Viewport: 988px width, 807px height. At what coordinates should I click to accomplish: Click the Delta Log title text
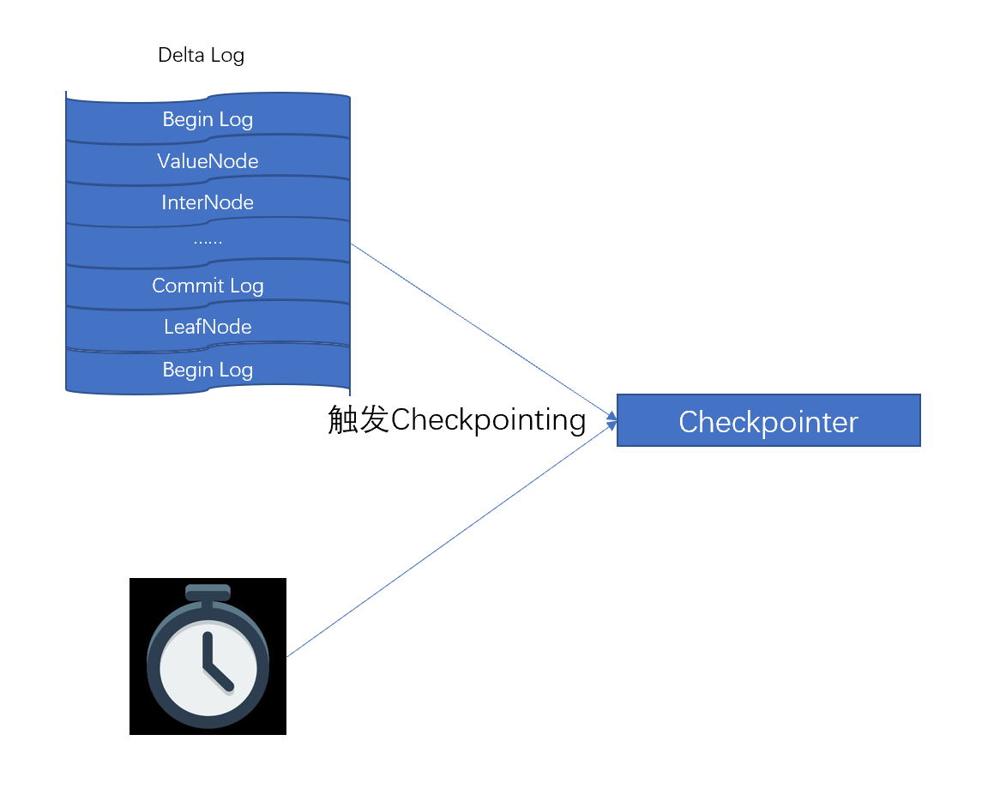201,56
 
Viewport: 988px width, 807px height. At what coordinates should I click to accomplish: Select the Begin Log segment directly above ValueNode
208,119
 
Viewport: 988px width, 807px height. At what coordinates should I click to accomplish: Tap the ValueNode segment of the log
208,160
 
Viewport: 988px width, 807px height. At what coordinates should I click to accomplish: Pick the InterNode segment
208,202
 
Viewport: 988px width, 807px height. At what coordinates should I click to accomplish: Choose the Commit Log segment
208,286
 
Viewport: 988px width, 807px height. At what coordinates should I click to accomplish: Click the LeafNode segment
208,327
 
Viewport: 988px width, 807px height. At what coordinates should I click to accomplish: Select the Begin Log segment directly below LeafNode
208,370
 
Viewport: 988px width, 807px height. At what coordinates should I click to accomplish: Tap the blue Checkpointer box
768,421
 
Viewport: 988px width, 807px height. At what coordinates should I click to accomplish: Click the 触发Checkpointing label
457,420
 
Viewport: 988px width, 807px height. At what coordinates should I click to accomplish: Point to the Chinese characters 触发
358,420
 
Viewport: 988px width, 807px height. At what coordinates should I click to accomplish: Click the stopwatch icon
208,656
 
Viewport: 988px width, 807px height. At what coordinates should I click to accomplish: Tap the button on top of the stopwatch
208,592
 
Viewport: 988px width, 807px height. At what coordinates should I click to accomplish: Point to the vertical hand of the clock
207,650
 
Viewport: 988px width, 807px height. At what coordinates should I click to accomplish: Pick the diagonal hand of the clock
220,678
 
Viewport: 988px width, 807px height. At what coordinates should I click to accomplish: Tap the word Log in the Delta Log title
227,56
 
